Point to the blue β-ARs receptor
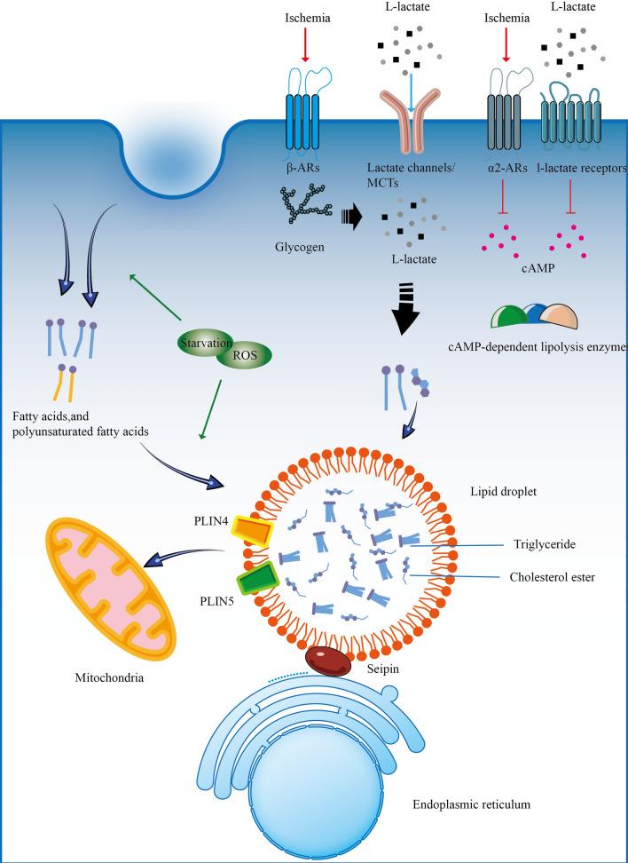(304, 121)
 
